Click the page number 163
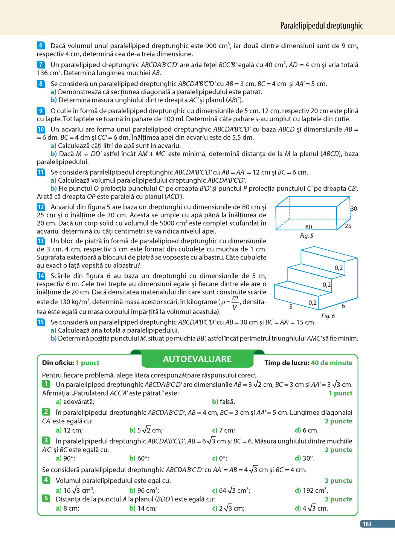coord(367,524)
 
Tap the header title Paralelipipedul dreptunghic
coord(321,26)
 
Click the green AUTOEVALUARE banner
coord(197,359)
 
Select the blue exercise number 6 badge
coord(41,46)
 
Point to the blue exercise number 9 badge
coord(41,111)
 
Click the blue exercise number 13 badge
coord(41,241)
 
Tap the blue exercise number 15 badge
coord(41,322)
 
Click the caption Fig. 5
coord(307,236)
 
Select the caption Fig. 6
coord(328,316)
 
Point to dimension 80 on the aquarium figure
coord(308,227)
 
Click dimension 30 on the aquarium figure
coord(354,209)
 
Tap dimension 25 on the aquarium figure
coord(348,226)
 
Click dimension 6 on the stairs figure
coord(343,306)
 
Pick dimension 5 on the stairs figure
coord(291,307)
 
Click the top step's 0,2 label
coord(339,268)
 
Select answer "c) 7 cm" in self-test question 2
coord(223,430)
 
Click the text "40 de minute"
coord(331,363)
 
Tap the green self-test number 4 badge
coord(46,480)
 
